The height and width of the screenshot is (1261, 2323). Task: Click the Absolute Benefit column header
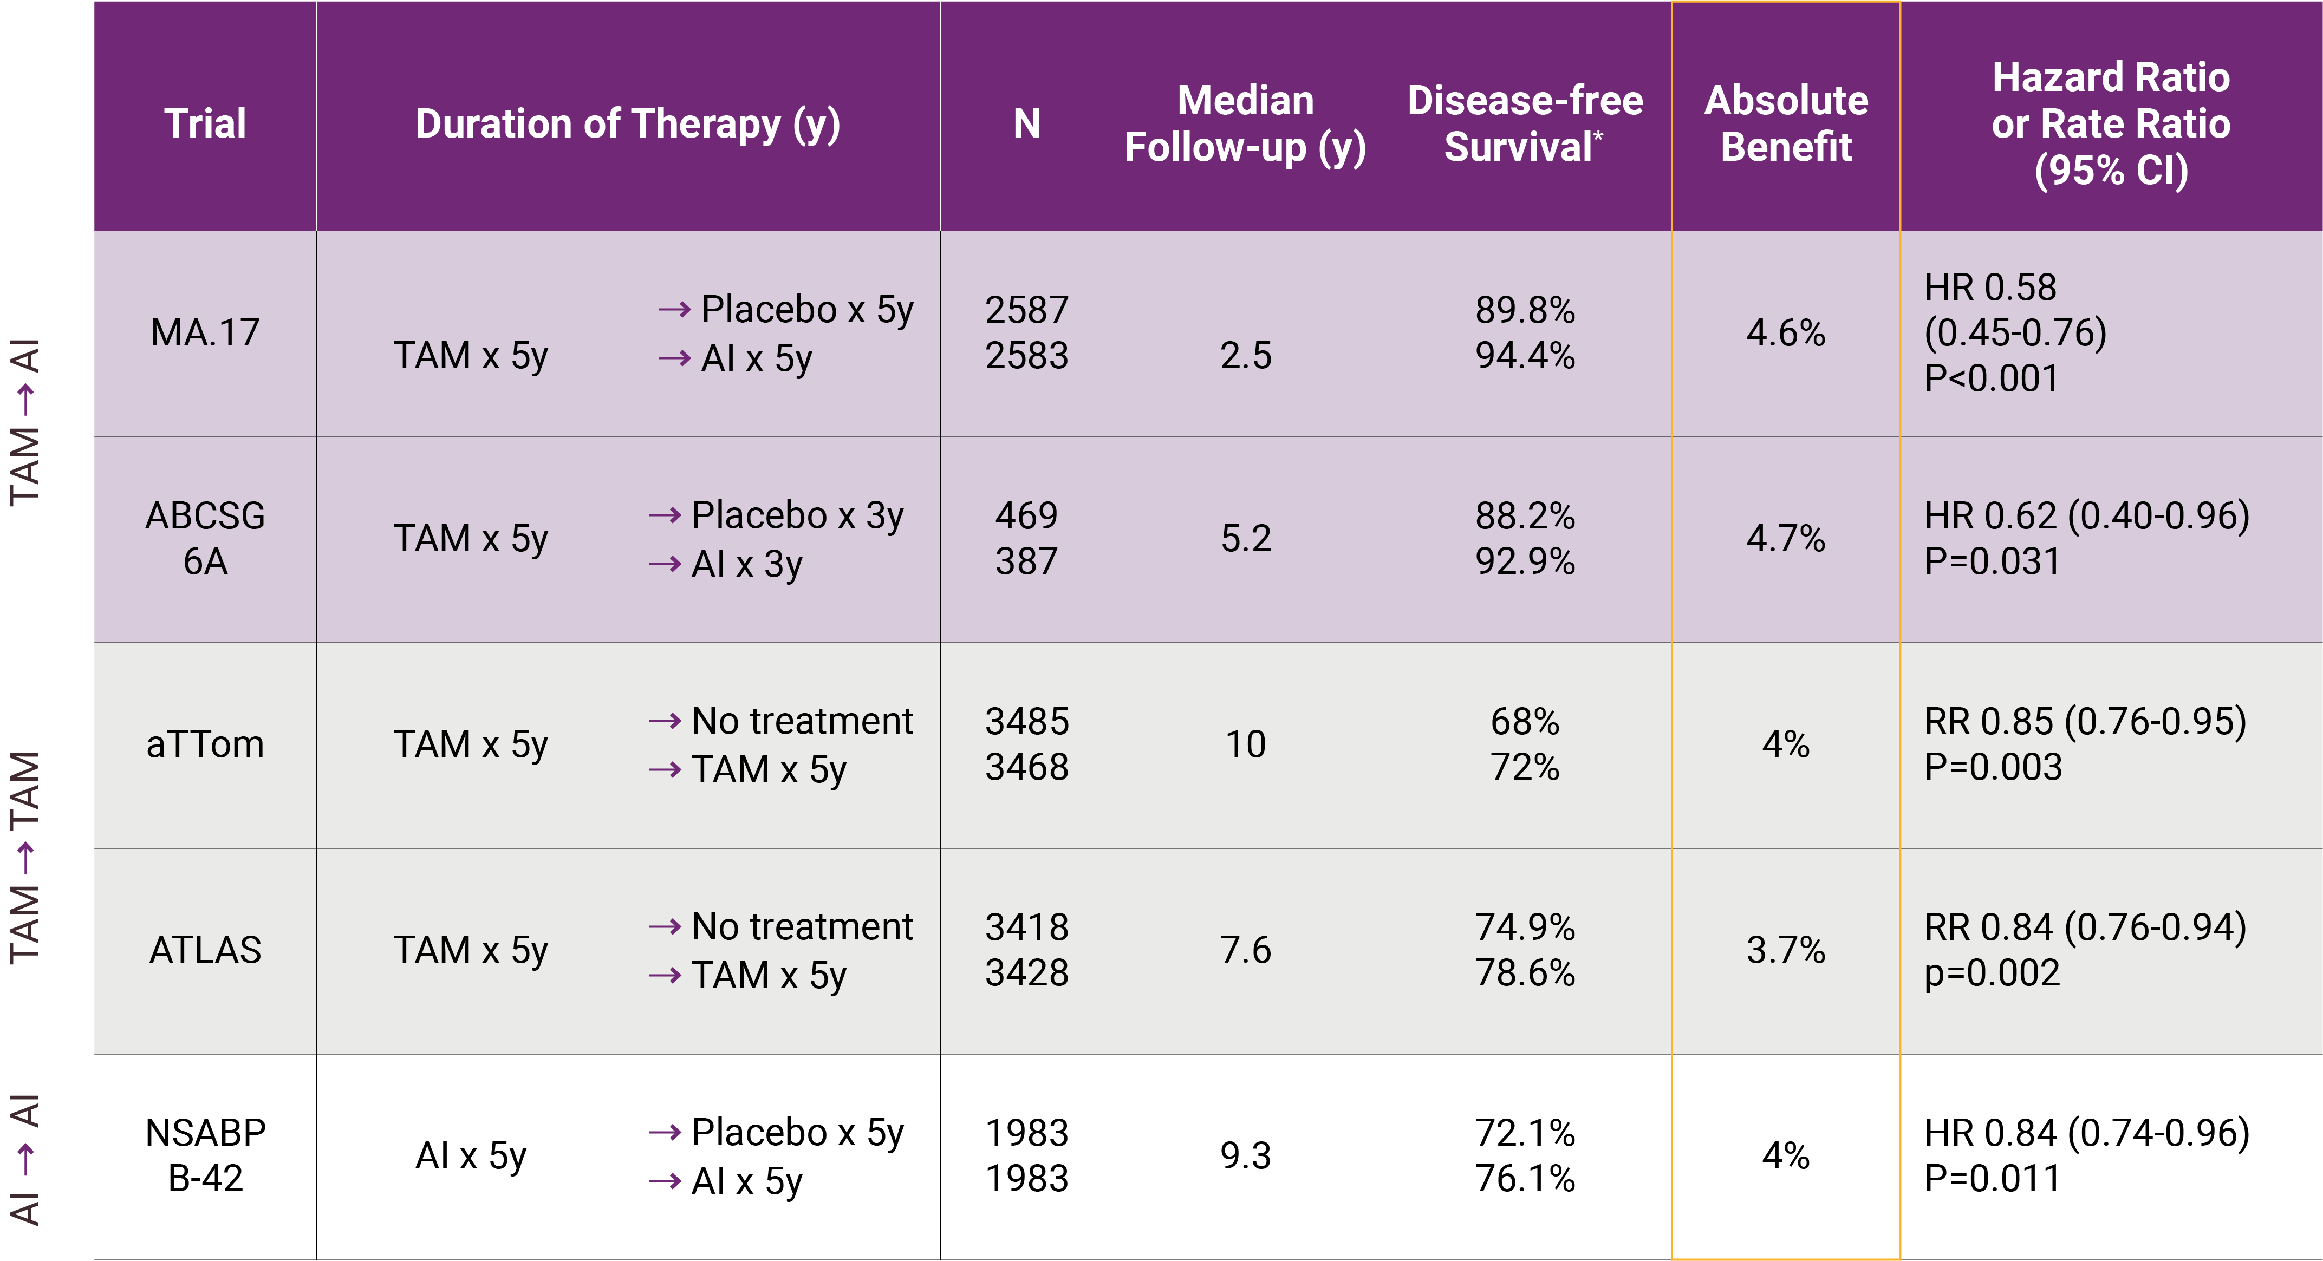[x=1786, y=123]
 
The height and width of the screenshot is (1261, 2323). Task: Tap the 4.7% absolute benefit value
[x=1786, y=538]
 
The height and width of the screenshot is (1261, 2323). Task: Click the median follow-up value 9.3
[x=1245, y=1155]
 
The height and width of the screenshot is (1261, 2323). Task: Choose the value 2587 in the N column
[x=1026, y=310]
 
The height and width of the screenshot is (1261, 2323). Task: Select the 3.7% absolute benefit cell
[x=1786, y=950]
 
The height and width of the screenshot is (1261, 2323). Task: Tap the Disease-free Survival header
[x=1525, y=123]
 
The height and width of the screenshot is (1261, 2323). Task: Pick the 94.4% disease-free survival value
[x=1525, y=356]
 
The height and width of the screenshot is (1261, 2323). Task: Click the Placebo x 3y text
[x=797, y=515]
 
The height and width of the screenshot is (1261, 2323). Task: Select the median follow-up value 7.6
[x=1245, y=950]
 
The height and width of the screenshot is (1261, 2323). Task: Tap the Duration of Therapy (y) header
[x=628, y=123]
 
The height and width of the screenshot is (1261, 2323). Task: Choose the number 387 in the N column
[x=1026, y=561]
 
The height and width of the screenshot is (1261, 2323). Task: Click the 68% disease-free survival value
[x=1525, y=721]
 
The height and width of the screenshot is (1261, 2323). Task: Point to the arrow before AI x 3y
[x=665, y=564]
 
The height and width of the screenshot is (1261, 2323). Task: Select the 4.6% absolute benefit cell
[x=1786, y=332]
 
